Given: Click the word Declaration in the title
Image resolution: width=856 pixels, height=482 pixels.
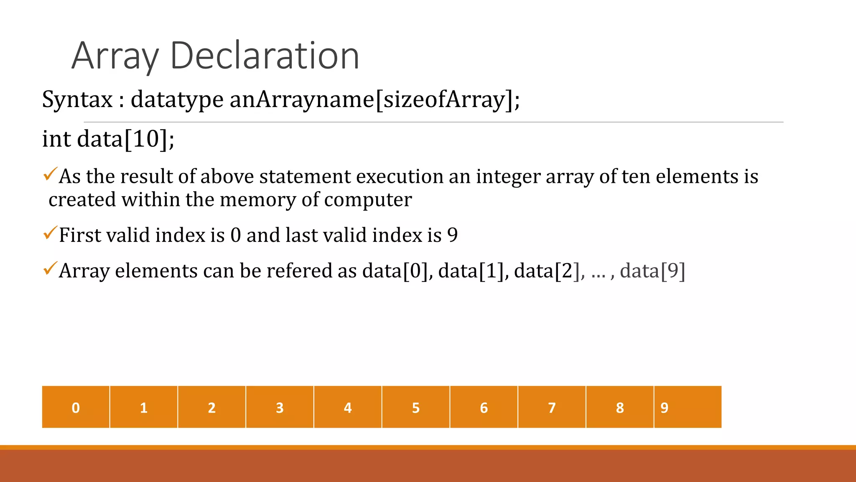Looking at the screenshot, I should coord(265,56).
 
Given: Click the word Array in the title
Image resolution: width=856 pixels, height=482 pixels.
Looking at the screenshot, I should coord(115,56).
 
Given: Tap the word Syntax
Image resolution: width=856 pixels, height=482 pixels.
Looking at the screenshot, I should coord(77,100).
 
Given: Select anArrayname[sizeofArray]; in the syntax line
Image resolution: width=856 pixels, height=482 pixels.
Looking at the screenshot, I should coord(374,100).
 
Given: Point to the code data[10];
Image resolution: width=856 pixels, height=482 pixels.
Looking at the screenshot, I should coord(126,138).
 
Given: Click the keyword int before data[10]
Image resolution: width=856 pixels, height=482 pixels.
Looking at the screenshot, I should coord(56,138).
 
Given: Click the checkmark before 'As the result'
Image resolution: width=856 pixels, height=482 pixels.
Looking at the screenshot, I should coord(50,174).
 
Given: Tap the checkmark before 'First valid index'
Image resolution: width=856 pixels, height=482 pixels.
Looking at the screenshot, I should coord(50,233).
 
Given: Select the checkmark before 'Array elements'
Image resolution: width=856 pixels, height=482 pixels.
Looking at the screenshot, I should coord(50,268).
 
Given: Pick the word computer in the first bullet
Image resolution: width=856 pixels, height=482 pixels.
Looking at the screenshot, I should coord(368,200).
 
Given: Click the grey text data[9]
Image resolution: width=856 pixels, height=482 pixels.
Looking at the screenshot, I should coord(652,271).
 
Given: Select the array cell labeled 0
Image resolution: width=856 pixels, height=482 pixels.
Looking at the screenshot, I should coord(76,407).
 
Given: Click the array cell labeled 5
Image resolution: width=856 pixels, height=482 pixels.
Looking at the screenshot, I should coord(415,407).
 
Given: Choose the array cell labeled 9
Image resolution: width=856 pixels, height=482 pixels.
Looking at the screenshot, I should coord(688,407).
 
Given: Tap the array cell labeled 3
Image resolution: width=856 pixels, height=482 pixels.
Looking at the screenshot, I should coord(280,407).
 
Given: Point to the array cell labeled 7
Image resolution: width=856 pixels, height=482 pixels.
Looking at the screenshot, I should coord(552,407).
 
